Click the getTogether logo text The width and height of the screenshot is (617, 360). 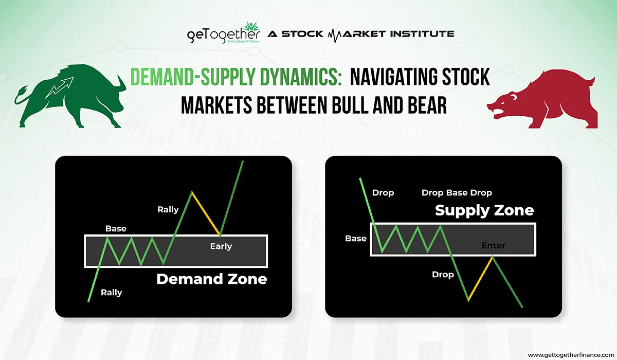pos(223,33)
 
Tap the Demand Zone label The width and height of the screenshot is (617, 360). pos(211,279)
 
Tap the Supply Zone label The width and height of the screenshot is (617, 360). pos(484,210)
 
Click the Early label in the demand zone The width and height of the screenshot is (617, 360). pos(221,246)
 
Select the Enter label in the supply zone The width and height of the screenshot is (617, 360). pos(493,245)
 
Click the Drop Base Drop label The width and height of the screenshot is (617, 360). pos(457,193)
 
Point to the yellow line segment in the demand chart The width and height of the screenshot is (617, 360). pos(206,214)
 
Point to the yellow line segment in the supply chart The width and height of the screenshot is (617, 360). pos(480,278)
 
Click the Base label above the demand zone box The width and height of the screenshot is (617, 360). pos(116,229)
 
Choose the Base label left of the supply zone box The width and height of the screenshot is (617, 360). pos(356,239)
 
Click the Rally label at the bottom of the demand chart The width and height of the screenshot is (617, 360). pos(111,293)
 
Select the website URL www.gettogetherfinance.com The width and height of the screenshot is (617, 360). pos(571,355)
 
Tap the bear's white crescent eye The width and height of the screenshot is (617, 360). pos(514,97)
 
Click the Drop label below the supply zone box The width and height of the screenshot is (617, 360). pos(443,275)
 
